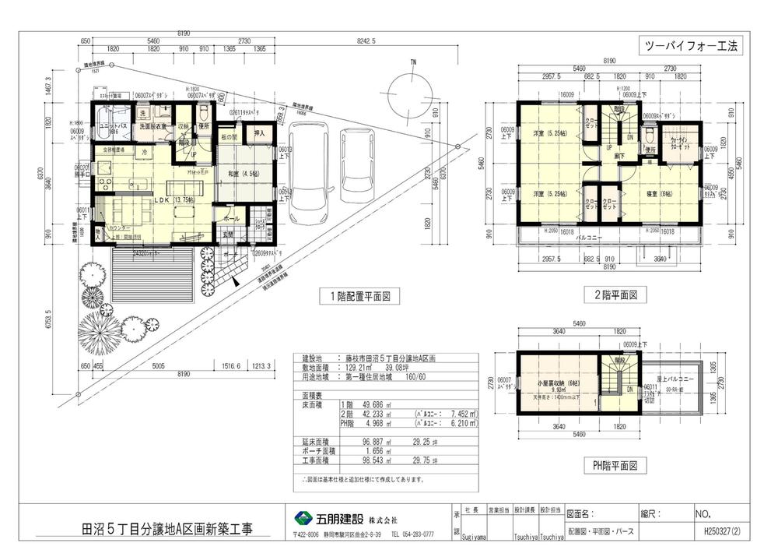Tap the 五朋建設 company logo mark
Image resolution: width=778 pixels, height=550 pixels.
[x=301, y=519]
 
